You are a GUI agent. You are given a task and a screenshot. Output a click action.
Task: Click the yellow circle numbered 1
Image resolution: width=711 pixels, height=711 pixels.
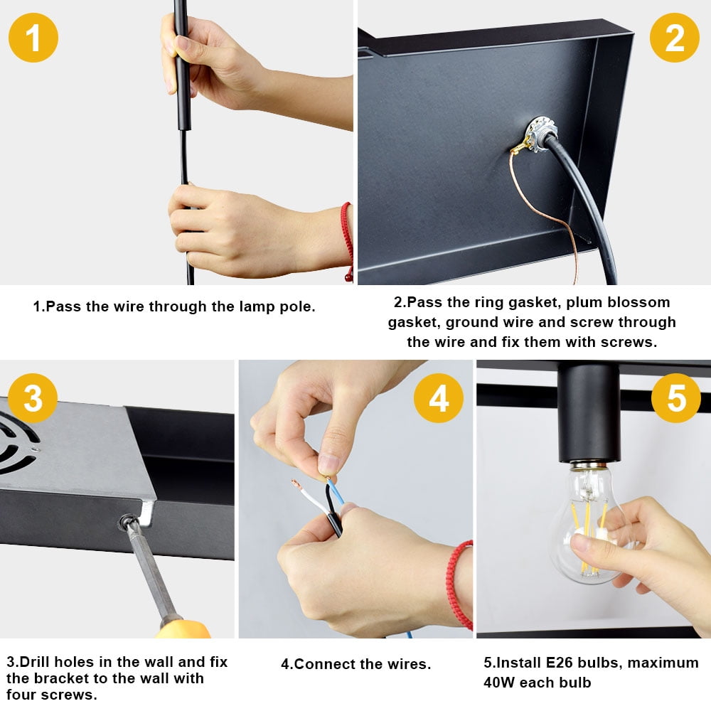tap(33, 38)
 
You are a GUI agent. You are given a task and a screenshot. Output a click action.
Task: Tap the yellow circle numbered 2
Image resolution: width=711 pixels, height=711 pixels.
tap(674, 38)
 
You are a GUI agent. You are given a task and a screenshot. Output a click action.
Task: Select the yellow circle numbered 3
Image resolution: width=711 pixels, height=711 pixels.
tap(33, 398)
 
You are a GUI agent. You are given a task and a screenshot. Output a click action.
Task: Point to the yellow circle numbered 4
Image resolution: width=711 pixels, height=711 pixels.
tap(439, 398)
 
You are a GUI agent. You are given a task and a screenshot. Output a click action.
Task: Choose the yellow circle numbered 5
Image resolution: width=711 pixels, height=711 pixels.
tap(676, 398)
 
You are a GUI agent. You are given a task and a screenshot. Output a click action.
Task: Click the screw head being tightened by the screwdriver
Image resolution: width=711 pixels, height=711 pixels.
tap(127, 522)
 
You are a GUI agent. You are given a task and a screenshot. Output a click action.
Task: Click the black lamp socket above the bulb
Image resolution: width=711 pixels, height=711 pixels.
tap(589, 412)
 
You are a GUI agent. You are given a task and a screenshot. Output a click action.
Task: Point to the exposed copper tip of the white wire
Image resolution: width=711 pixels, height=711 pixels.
tap(296, 483)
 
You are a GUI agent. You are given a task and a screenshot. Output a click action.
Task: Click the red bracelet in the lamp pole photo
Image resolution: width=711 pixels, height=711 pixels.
tap(348, 241)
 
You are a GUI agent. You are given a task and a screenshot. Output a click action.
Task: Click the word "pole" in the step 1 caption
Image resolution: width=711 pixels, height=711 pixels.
tap(297, 307)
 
